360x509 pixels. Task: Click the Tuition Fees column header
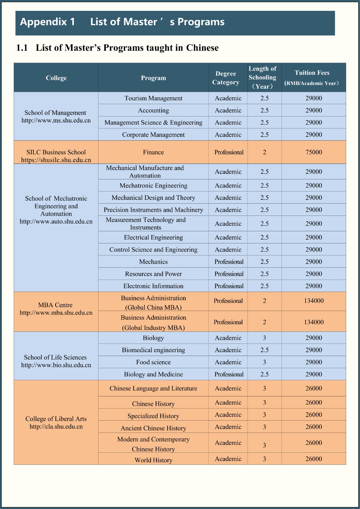(312, 77)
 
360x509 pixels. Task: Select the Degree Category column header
(226, 78)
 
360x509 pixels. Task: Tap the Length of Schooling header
(263, 78)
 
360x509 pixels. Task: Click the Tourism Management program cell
(153, 98)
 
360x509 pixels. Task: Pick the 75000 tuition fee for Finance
(314, 152)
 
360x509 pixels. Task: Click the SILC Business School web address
(56, 160)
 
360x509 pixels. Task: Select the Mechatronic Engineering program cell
(153, 185)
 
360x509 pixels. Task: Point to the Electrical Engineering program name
(153, 237)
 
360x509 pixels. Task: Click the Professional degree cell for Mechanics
(229, 262)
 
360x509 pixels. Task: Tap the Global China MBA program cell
(153, 303)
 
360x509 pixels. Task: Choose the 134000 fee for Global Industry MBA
(314, 322)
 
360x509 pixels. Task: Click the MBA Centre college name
(55, 305)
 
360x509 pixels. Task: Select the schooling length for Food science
(264, 362)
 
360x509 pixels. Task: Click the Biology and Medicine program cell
(153, 374)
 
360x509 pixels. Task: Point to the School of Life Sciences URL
(56, 365)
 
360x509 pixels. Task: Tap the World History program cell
(153, 460)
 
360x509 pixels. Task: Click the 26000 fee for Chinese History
(314, 402)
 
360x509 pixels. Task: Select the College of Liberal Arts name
(56, 419)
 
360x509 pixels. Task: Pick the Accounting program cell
(153, 110)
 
